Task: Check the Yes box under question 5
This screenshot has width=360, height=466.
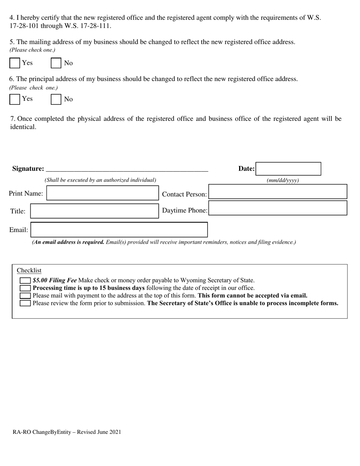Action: tap(14, 63)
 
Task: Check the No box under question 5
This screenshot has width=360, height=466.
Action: tap(56, 63)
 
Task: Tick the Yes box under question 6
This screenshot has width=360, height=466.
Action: tap(14, 99)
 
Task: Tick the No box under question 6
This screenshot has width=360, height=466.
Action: tap(56, 99)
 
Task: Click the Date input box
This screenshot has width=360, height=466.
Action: tap(288, 169)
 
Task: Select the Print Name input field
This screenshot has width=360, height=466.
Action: tap(102, 193)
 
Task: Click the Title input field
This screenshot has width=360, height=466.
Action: tap(94, 211)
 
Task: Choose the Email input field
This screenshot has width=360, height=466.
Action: tap(119, 230)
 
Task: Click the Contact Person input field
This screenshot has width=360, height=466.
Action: tap(278, 192)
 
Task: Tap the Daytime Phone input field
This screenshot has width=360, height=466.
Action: tap(278, 208)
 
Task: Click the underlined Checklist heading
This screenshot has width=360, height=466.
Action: tap(29, 271)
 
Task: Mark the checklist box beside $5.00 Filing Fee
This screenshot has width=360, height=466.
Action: tap(25, 280)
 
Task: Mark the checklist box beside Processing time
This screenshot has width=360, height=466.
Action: tap(25, 288)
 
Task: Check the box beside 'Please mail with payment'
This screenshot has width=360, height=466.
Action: tap(25, 296)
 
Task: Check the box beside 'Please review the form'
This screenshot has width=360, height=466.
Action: tap(25, 303)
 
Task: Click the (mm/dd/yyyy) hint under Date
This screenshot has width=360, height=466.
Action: tap(283, 180)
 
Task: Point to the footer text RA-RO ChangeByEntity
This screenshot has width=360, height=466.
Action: tap(67, 432)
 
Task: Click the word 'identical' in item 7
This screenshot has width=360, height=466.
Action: tap(23, 127)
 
